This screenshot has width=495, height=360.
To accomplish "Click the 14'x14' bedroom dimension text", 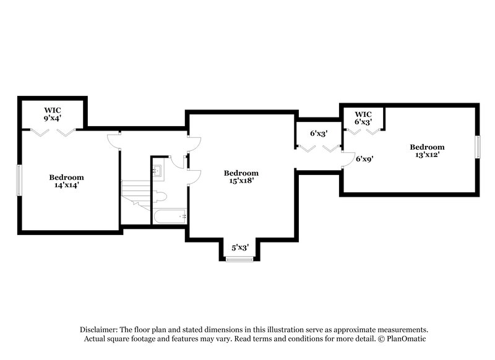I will click(x=66, y=184).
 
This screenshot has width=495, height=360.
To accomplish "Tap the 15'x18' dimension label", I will click(x=241, y=181).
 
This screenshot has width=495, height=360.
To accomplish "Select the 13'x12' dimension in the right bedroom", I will click(x=427, y=155).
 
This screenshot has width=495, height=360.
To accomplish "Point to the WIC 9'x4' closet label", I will click(x=52, y=117).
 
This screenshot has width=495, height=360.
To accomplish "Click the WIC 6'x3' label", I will click(x=363, y=122).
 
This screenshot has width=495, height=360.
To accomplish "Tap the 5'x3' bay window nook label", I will click(x=240, y=247).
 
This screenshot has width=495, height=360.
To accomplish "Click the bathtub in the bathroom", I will click(x=169, y=216).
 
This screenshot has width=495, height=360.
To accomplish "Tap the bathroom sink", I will click(x=158, y=171).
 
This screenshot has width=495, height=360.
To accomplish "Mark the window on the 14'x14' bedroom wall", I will click(x=19, y=180).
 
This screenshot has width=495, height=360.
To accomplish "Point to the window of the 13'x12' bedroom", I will click(x=477, y=147).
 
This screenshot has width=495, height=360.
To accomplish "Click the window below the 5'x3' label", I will click(x=240, y=259).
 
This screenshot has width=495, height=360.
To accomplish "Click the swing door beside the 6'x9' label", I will click(x=348, y=160).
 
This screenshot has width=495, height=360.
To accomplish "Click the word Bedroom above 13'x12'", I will click(x=427, y=147).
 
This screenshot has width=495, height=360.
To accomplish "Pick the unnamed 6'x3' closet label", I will click(x=318, y=133).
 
